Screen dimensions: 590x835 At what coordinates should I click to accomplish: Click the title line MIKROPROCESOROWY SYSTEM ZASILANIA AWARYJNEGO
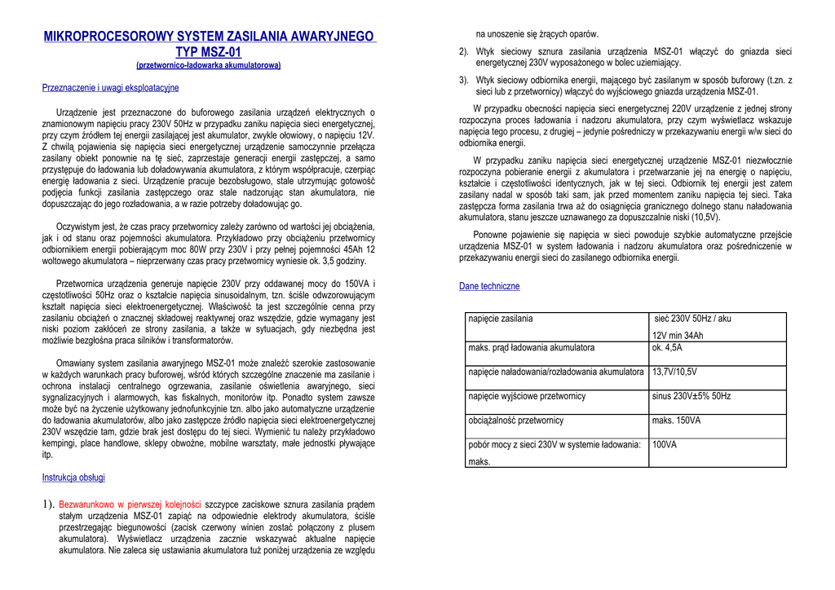point(209,37)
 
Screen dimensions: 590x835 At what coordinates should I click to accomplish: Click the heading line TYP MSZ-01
point(209,53)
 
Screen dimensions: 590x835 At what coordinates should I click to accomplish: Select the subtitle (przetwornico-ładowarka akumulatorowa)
point(209,65)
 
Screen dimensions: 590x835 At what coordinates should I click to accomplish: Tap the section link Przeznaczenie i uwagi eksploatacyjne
point(110,88)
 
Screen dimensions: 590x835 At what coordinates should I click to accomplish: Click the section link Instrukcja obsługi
point(73,478)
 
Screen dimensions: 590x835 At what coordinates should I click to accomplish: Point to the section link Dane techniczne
point(489,287)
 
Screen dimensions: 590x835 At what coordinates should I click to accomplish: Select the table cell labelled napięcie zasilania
point(501,319)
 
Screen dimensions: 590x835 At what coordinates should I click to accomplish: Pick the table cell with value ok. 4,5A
point(667,348)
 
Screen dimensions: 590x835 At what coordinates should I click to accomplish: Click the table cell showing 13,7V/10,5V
point(674,372)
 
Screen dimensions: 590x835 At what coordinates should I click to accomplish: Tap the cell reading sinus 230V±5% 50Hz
point(691,396)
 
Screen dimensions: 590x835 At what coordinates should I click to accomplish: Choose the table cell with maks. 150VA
point(676,420)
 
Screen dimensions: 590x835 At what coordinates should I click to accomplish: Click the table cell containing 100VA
point(665,445)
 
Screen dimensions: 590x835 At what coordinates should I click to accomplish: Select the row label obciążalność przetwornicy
point(516,420)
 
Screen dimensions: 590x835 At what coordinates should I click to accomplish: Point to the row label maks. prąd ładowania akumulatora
point(532,348)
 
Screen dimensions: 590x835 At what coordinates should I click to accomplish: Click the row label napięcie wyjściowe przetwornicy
point(527,396)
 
